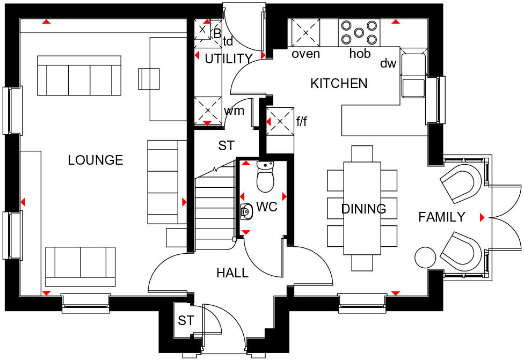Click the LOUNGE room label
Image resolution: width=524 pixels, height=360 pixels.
coord(96,160)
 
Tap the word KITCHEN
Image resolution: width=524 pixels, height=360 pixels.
coord(339,83)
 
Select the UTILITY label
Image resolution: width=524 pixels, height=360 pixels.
coord(229,59)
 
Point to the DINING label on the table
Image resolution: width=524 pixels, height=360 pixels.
coord(363,209)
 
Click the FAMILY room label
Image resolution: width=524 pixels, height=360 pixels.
coord(441,217)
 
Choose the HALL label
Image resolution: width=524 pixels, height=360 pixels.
coord(232,273)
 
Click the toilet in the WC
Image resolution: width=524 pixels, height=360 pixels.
coord(266,177)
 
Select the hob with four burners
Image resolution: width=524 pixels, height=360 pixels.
coord(359,32)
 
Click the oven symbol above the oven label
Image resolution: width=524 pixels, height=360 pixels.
coord(305,32)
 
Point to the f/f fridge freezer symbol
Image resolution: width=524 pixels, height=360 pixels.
coord(280,122)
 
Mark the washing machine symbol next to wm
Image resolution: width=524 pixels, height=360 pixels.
coord(208,111)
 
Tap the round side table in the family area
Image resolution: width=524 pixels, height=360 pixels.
coord(426,257)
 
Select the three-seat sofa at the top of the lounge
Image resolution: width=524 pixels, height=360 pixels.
coord(79,75)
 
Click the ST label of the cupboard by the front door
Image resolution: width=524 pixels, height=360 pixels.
coord(186,321)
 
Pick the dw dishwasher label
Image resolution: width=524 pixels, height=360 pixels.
coord(388,64)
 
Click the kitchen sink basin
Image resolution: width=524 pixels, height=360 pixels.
coord(413,88)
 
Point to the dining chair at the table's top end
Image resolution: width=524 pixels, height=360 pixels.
coord(362,153)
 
